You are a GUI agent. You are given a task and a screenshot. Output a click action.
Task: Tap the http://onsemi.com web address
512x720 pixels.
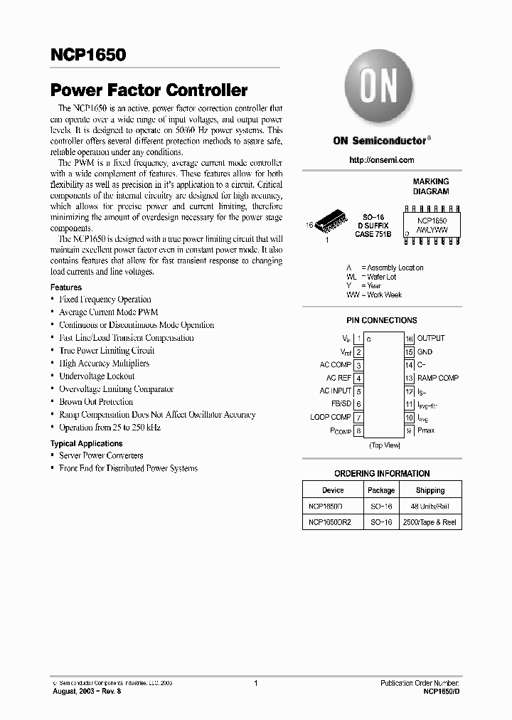[381, 160]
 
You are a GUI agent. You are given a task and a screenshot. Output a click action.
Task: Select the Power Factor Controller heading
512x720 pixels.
[149, 90]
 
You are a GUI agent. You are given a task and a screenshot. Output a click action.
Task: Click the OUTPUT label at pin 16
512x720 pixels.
[431, 339]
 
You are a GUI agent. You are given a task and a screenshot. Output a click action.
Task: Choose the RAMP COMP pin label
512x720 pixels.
[437, 378]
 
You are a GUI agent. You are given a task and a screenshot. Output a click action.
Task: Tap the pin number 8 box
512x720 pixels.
[359, 430]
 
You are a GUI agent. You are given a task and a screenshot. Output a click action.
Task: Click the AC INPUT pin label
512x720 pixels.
[335, 391]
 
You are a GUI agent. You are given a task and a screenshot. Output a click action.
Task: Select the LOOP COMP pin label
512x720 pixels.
[331, 417]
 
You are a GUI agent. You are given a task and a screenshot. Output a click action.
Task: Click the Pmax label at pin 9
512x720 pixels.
[426, 430]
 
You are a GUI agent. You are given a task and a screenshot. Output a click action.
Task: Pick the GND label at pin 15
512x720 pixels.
[425, 352]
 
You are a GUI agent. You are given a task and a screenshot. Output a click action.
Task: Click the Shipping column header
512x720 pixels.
[430, 490]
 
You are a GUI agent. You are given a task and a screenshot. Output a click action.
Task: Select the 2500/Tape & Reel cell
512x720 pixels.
[430, 522]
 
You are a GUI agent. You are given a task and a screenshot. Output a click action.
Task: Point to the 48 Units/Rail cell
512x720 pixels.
[430, 507]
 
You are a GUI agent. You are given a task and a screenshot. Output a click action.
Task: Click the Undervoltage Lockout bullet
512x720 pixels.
[97, 376]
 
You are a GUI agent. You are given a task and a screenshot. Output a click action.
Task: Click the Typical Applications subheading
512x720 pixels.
[86, 443]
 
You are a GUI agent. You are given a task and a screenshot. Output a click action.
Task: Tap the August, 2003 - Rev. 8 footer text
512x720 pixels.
[86, 691]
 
